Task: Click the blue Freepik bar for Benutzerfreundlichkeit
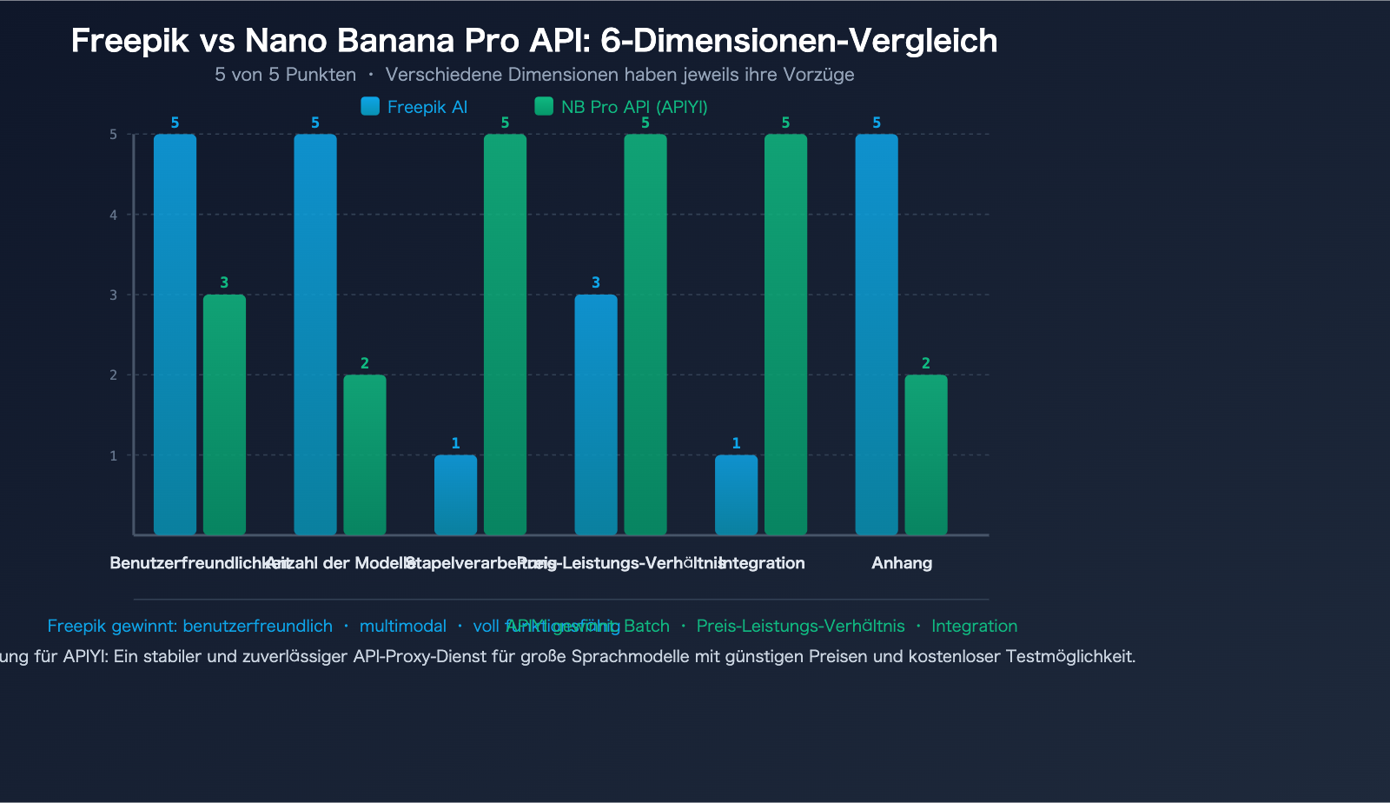pyautogui.click(x=175, y=335)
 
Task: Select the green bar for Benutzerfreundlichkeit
pyautogui.click(x=224, y=415)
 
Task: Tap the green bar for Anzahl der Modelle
pyautogui.click(x=365, y=455)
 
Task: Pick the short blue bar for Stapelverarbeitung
pyautogui.click(x=455, y=494)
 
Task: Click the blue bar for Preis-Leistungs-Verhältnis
pyautogui.click(x=596, y=415)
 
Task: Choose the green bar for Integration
pyautogui.click(x=785, y=335)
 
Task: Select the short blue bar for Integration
pyautogui.click(x=736, y=494)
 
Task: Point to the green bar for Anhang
pyautogui.click(x=926, y=455)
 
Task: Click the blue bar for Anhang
pyautogui.click(x=877, y=335)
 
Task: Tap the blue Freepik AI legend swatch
pyautogui.click(x=370, y=106)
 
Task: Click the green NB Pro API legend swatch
pyautogui.click(x=544, y=106)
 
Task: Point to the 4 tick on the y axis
pyautogui.click(x=114, y=215)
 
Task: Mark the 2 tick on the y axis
pyautogui.click(x=114, y=375)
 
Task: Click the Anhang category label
pyautogui.click(x=902, y=563)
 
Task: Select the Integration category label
pyautogui.click(x=763, y=563)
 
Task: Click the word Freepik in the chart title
pyautogui.click(x=129, y=41)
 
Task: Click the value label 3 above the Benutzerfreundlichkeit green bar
pyautogui.click(x=224, y=282)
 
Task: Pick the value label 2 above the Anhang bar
pyautogui.click(x=926, y=363)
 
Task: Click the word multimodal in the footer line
pyautogui.click(x=403, y=626)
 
